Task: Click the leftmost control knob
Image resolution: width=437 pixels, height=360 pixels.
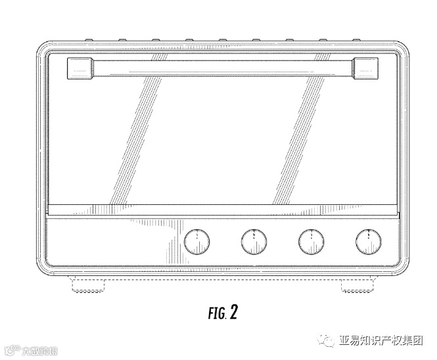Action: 195,242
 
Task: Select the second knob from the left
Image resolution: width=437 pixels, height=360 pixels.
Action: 253,242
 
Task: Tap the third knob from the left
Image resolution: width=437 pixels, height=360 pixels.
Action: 311,242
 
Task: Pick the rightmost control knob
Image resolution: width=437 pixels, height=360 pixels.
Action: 368,242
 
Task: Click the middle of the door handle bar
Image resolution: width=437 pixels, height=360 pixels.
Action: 222,66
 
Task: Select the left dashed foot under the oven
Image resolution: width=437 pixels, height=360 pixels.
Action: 87,286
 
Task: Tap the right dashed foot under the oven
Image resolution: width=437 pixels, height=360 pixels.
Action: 357,286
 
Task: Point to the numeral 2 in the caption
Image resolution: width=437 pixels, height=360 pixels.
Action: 233,312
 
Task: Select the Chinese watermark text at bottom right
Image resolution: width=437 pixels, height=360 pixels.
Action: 380,340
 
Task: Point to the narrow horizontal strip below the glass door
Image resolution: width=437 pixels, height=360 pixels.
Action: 222,212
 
